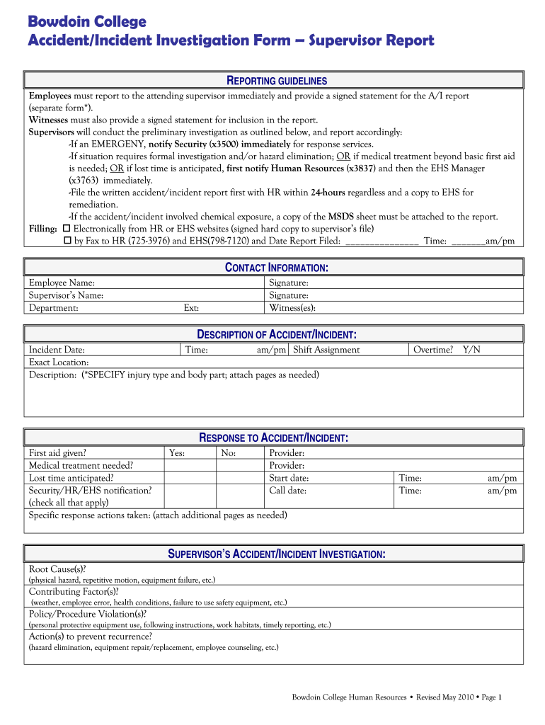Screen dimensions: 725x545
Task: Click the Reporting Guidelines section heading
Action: pos(275,81)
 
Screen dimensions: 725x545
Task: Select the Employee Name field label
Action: pos(62,283)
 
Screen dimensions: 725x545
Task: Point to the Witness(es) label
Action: pos(292,308)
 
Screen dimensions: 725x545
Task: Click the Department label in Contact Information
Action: pos(53,308)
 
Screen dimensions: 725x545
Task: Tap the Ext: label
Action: pos(191,308)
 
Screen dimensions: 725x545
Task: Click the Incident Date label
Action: pos(57,350)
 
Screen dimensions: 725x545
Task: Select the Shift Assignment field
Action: pos(326,350)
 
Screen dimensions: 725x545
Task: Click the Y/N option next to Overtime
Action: pos(471,350)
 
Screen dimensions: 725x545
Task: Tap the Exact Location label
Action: pos(59,362)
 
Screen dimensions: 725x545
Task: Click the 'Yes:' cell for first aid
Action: pos(178,453)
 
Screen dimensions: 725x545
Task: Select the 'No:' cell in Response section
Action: pos(229,453)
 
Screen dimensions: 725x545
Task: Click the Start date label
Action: pos(289,479)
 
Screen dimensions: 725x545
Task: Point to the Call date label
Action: pos(287,491)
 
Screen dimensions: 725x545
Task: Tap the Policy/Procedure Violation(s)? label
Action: pos(88,615)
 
